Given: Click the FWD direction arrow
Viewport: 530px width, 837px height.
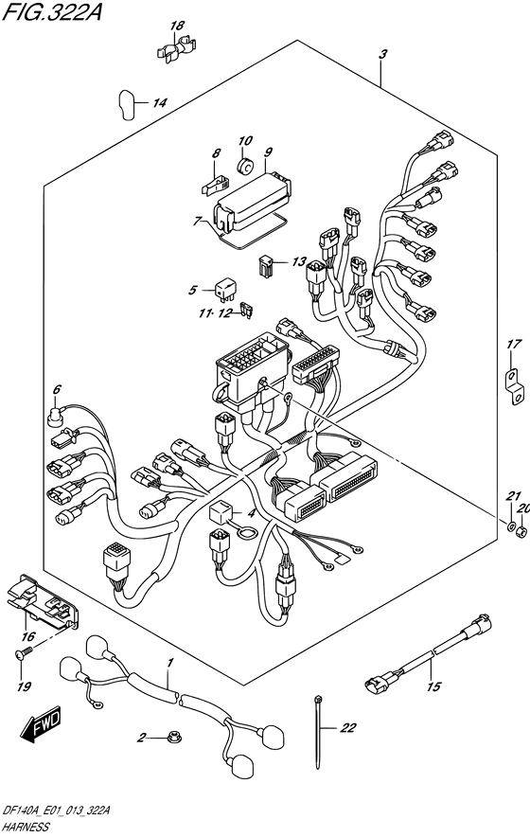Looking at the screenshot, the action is (x=41, y=726).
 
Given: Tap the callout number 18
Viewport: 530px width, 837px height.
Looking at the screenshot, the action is (x=177, y=25).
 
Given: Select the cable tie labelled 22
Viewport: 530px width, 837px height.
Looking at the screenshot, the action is (x=318, y=732).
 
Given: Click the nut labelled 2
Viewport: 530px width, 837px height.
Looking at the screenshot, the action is (x=172, y=739).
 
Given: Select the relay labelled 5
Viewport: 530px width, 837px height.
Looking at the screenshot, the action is (x=224, y=289).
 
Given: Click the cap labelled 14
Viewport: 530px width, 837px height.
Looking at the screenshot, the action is (x=126, y=104).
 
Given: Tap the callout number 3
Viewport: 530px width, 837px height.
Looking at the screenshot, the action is (x=382, y=55).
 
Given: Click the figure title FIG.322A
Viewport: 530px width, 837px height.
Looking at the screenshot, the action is (x=52, y=10).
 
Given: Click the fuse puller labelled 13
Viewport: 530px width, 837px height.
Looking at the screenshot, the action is (x=266, y=265).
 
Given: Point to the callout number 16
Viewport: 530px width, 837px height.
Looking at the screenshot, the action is (x=27, y=636).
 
